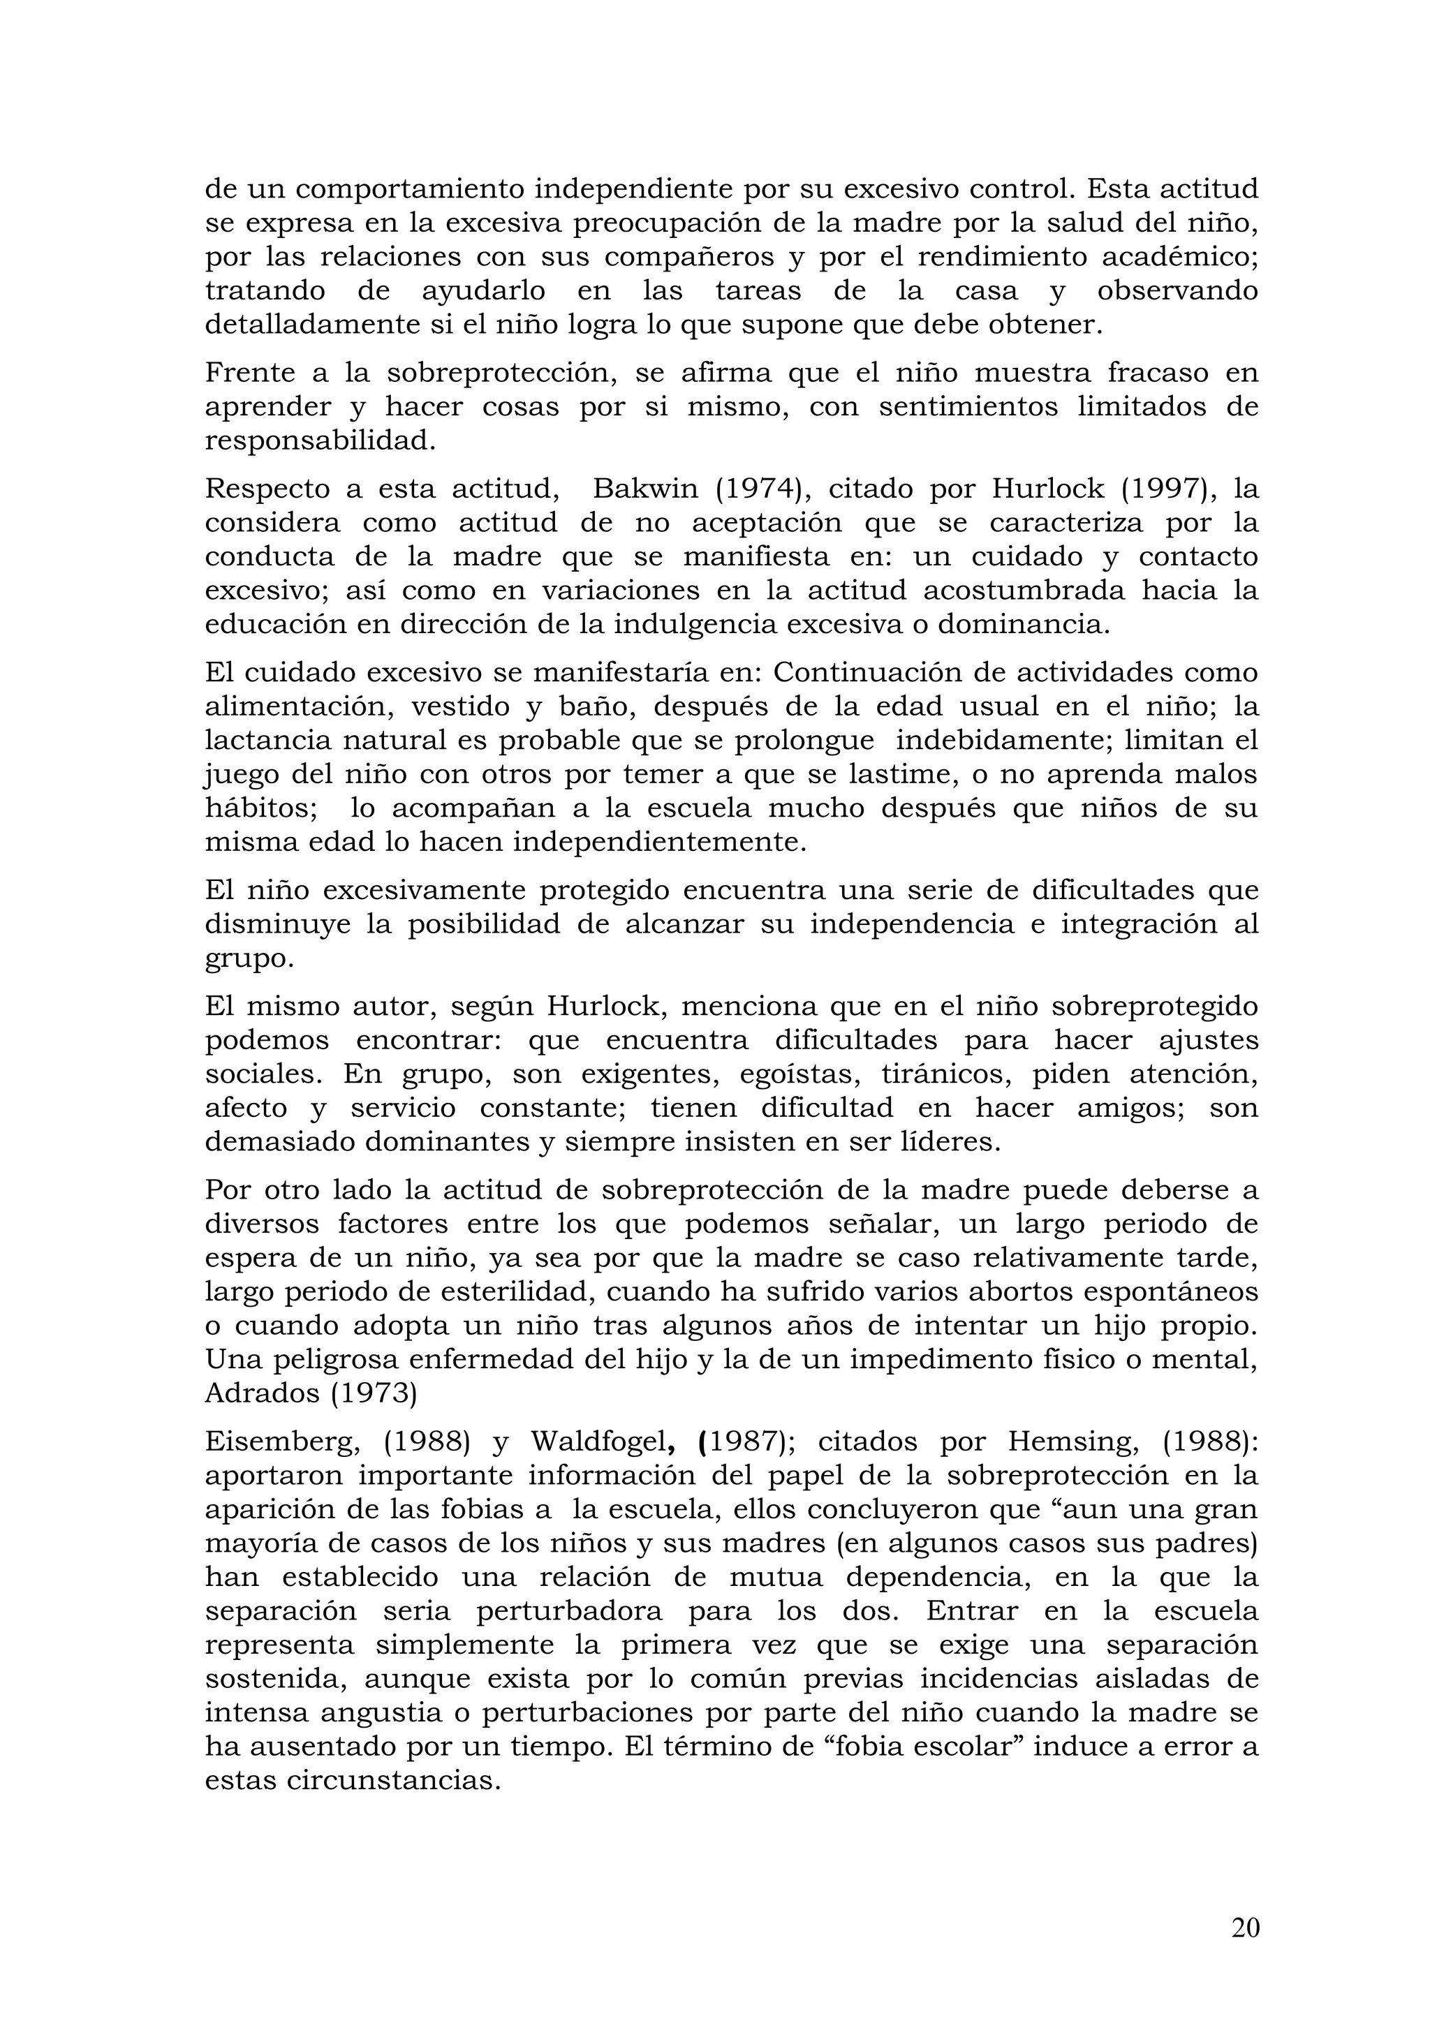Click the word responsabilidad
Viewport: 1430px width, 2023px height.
coord(320,440)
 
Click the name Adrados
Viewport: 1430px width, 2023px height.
coord(261,1393)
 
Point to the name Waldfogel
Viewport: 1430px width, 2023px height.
coord(603,1442)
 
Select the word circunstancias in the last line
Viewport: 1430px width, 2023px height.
coord(393,1780)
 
